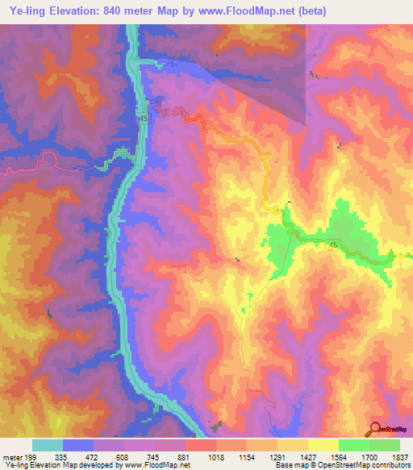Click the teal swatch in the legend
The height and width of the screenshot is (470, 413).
tap(48, 445)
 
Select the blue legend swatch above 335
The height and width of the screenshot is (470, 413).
tap(78, 445)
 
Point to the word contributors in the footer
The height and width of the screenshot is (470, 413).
tap(391, 465)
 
